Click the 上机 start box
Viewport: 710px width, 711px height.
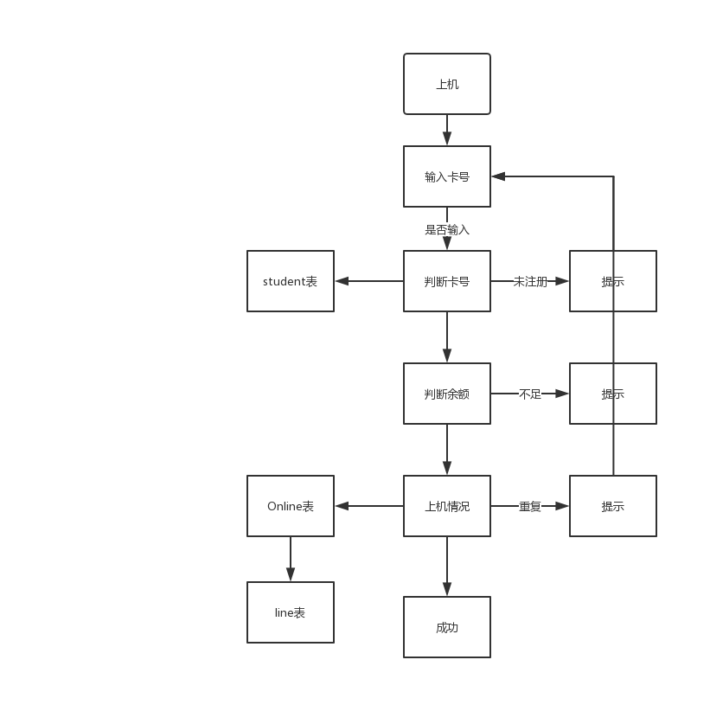[447, 84]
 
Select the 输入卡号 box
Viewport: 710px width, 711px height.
[447, 176]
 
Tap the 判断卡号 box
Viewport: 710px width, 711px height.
[447, 281]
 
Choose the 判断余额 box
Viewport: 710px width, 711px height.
[447, 394]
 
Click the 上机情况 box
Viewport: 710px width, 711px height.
[447, 506]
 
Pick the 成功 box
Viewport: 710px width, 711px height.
[447, 627]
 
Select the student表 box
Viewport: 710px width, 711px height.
[291, 281]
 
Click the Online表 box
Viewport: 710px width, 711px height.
[291, 506]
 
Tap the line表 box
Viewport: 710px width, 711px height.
[291, 612]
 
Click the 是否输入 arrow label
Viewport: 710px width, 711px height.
[447, 230]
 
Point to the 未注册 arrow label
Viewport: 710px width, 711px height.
[530, 281]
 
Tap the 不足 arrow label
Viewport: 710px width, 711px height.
[530, 394]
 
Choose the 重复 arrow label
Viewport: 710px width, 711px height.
[530, 506]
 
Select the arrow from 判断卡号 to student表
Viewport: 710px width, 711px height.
[369, 281]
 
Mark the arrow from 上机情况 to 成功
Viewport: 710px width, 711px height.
[447, 567]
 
